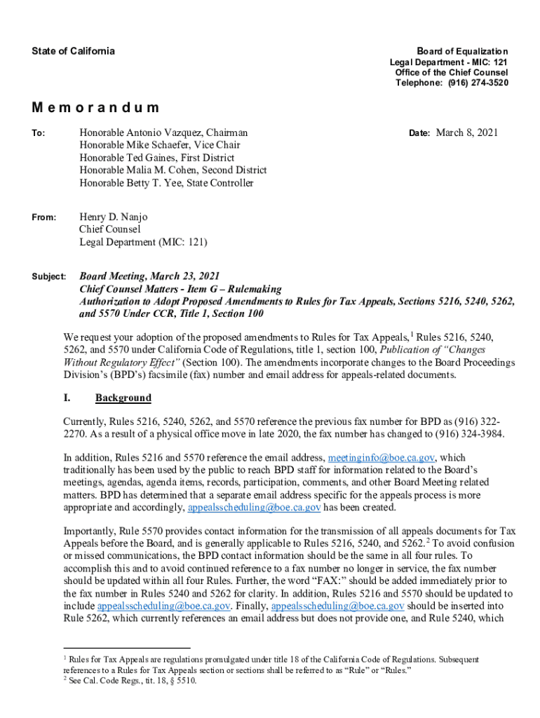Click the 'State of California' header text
click(x=73, y=51)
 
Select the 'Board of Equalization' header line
click(x=462, y=52)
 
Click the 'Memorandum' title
click(x=95, y=108)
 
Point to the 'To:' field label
click(x=39, y=133)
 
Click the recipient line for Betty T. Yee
click(x=166, y=183)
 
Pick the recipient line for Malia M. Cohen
click(x=173, y=170)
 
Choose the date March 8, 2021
click(x=467, y=133)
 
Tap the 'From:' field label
click(x=43, y=217)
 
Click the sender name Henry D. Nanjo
click(x=113, y=217)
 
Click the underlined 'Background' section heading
click(x=123, y=398)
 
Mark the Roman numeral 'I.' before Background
click(x=67, y=398)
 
